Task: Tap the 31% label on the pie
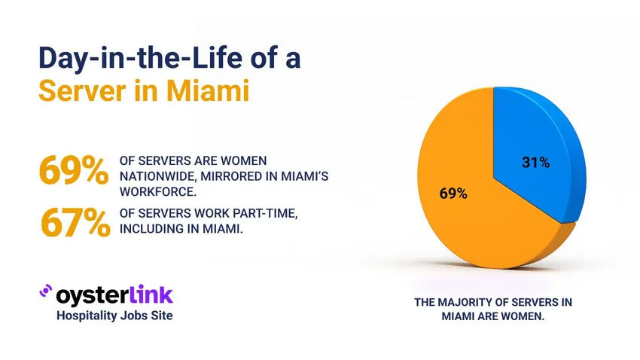pyautogui.click(x=535, y=161)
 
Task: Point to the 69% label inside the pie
pyautogui.click(x=453, y=194)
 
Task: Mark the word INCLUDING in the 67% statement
pyautogui.click(x=151, y=228)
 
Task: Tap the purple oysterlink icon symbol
pyautogui.click(x=44, y=293)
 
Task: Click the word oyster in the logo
pyautogui.click(x=89, y=294)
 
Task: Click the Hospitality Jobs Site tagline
pyautogui.click(x=114, y=316)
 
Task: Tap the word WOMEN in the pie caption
pyautogui.click(x=522, y=316)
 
